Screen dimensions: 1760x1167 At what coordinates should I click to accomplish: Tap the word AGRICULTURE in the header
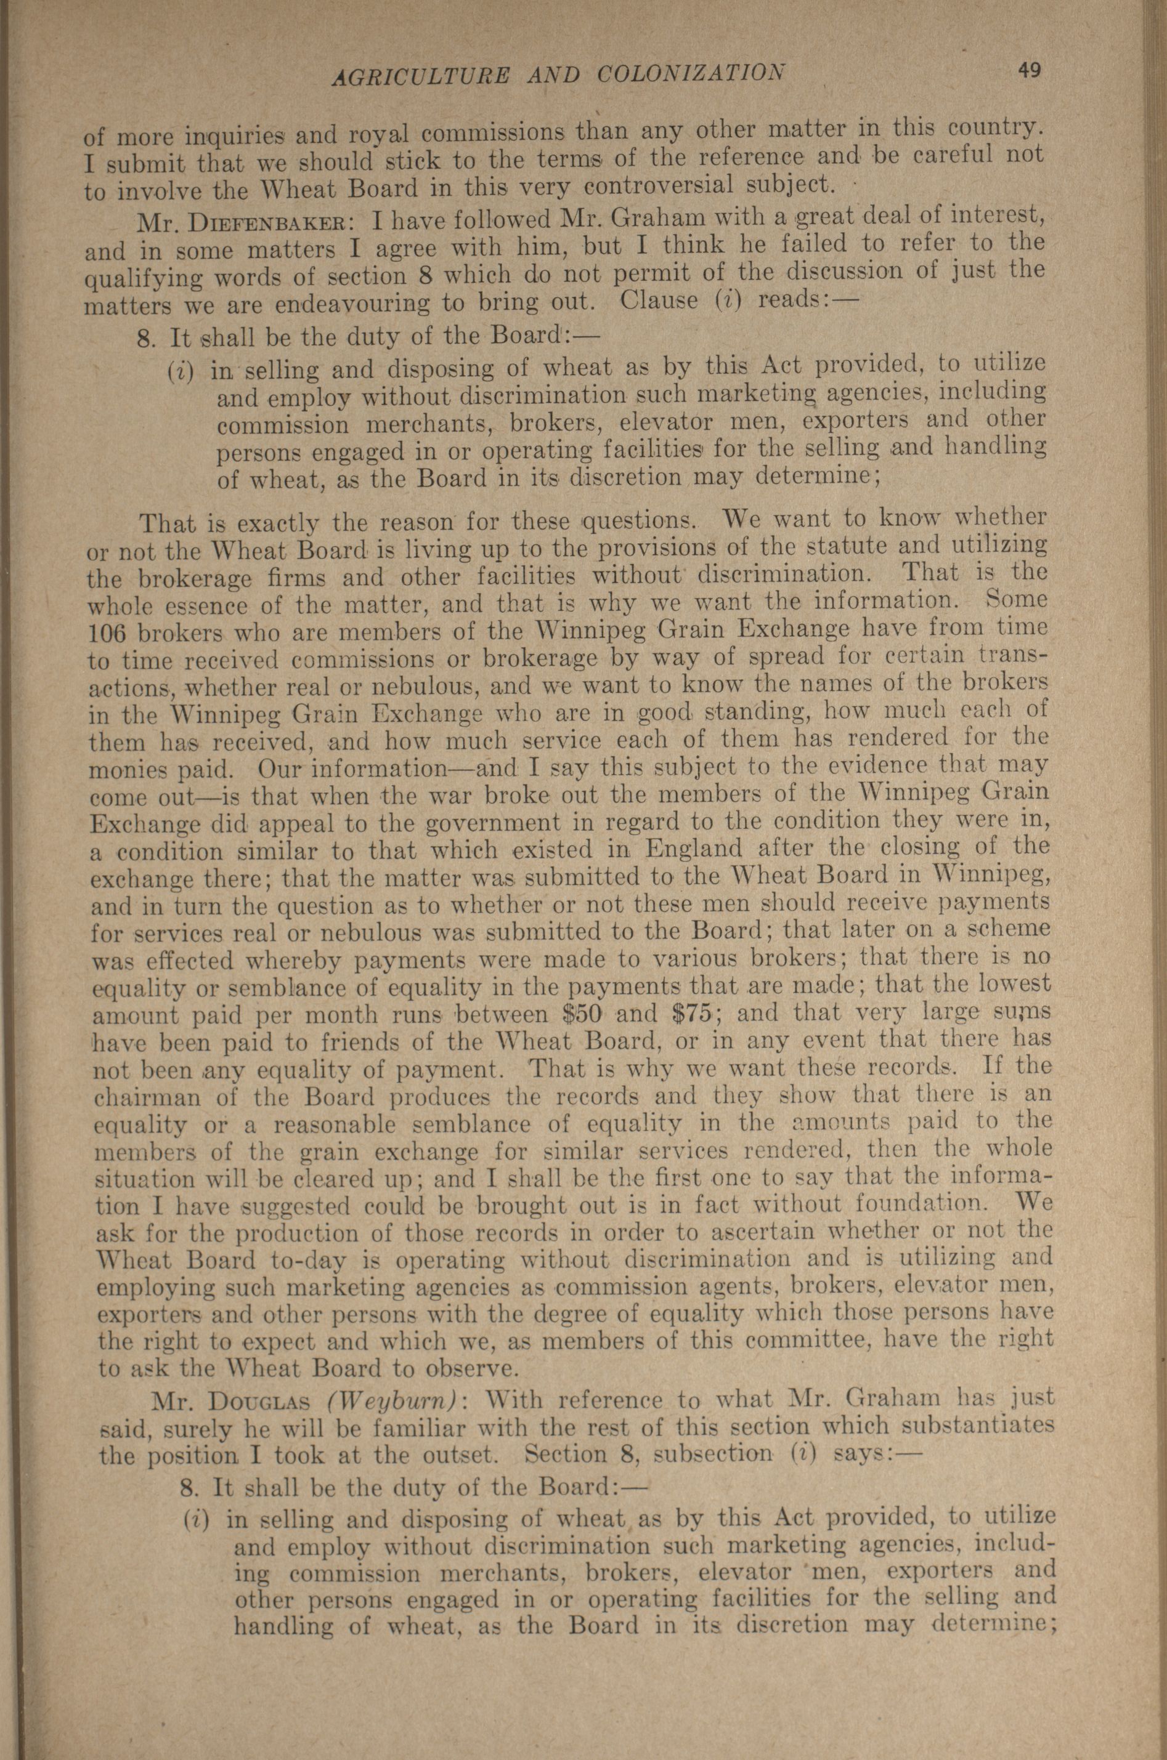click(410, 76)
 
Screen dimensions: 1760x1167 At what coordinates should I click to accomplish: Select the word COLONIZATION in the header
click(691, 74)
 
